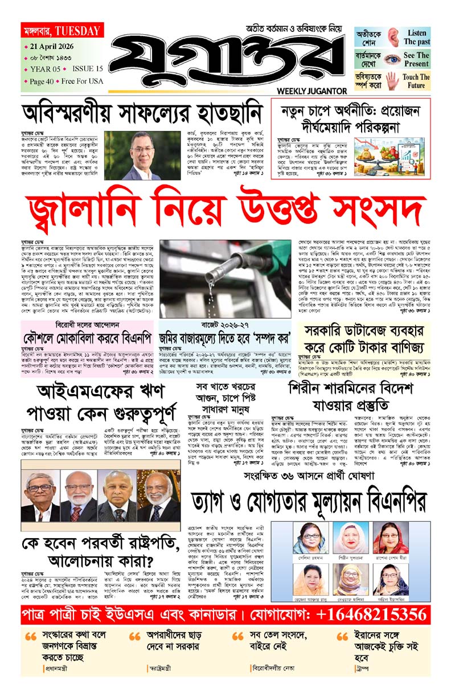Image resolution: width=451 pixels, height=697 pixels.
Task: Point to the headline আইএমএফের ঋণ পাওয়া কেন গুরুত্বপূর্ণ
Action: (100, 400)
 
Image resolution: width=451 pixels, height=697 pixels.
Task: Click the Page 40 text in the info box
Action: (42, 81)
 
